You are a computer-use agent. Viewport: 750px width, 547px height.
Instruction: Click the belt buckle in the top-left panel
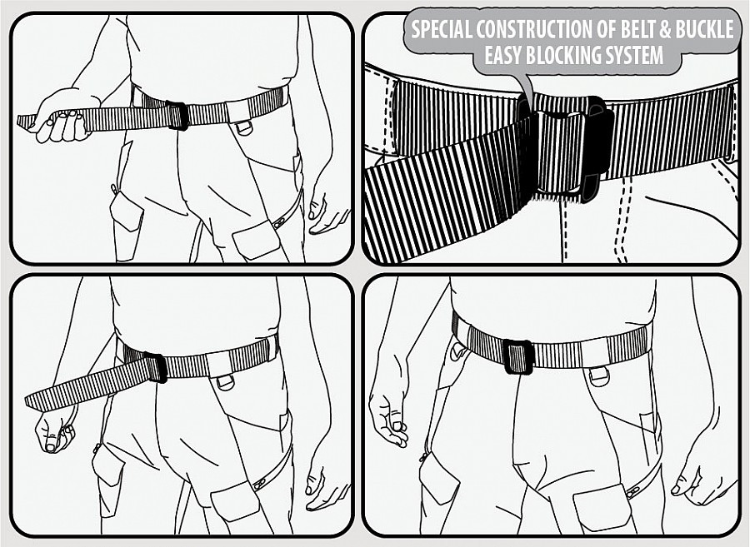click(x=177, y=116)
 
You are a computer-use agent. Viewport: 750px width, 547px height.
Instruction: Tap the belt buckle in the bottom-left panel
click(x=155, y=367)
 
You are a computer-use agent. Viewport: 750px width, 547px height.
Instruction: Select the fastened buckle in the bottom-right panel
click(x=517, y=356)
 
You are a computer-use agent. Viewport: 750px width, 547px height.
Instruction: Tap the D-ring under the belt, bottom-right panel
click(x=597, y=375)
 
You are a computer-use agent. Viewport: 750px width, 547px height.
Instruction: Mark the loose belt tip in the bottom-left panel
click(x=33, y=402)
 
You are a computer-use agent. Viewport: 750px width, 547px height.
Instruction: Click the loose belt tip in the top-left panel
click(x=25, y=122)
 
